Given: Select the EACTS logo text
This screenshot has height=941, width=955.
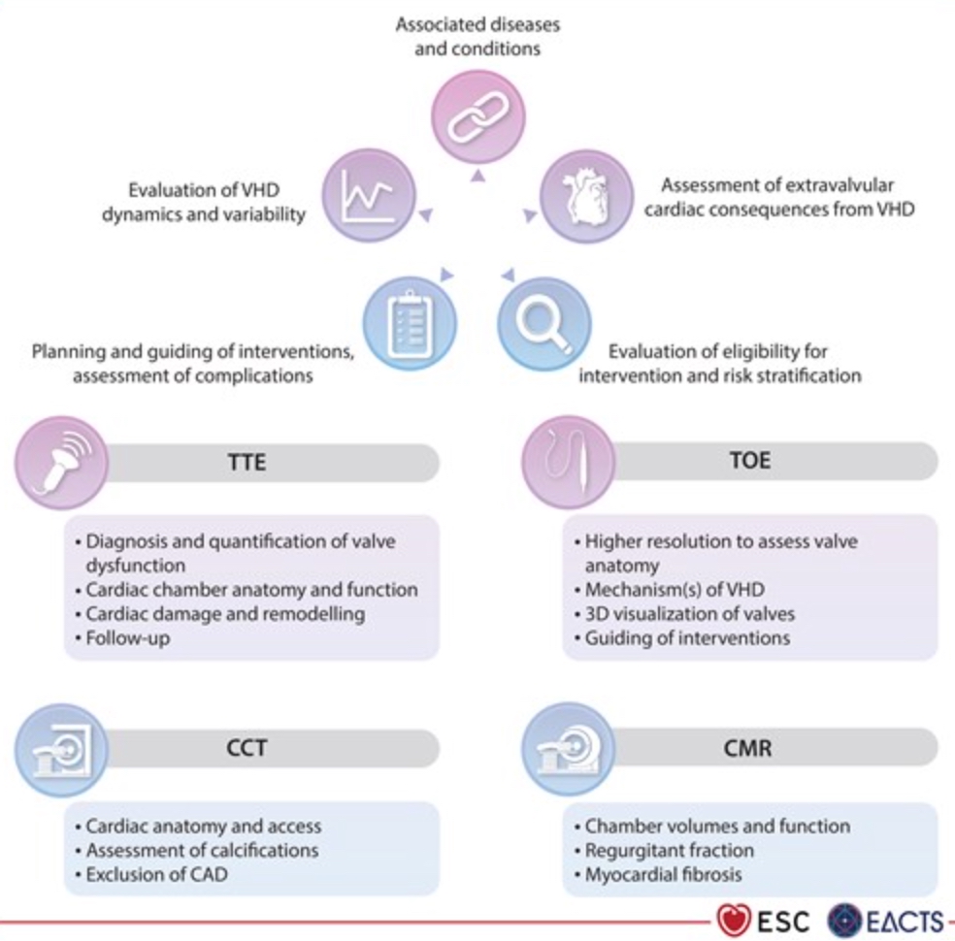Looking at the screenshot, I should pos(898,919).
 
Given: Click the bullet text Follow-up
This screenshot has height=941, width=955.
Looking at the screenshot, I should pos(128,638).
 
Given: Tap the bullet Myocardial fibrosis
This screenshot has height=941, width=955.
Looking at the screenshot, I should pos(663,874).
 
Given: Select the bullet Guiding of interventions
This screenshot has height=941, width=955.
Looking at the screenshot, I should pos(687,637).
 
